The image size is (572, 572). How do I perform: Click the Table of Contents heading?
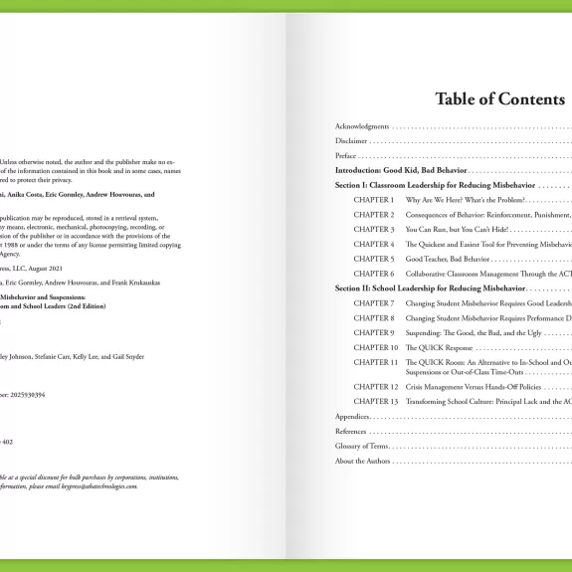point(499,99)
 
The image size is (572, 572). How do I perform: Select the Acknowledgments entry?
point(362,127)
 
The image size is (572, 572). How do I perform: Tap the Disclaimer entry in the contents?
point(351,142)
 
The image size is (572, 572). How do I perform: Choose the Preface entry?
point(346,156)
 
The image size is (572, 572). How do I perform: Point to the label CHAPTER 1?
point(374,200)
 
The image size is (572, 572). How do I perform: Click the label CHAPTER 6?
point(374,274)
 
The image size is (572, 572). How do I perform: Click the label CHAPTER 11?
point(376,362)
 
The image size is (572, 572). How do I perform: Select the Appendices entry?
point(352,416)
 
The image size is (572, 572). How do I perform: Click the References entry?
point(350,431)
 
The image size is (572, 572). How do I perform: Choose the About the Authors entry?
point(364,461)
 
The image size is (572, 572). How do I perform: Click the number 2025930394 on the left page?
point(25,395)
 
